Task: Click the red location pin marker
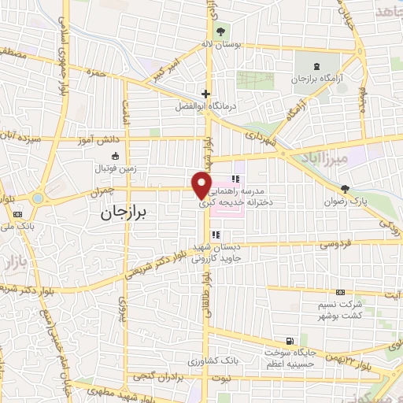pyautogui.click(x=201, y=184)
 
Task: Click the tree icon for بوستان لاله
pyautogui.click(x=220, y=33)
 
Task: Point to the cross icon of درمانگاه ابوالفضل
pyautogui.click(x=205, y=94)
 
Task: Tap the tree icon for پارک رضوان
pyautogui.click(x=345, y=188)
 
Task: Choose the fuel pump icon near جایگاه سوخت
pyautogui.click(x=290, y=340)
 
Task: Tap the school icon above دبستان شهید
pyautogui.click(x=215, y=234)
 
